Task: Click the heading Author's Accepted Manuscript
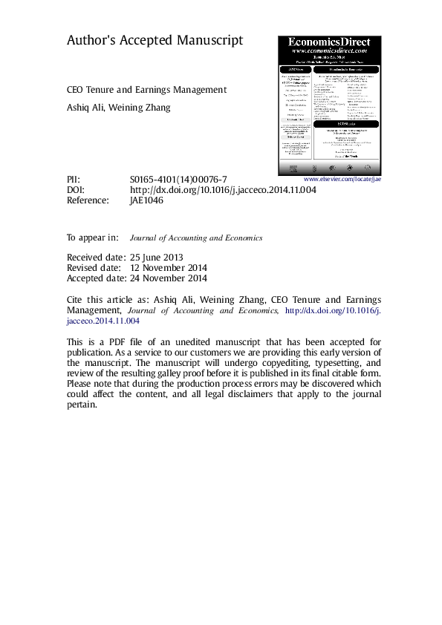[155, 42]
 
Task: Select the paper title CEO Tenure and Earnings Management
[146, 89]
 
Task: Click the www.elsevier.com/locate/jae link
[343, 180]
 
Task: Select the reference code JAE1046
[148, 200]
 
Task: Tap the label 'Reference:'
[88, 200]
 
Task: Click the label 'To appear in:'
[93, 238]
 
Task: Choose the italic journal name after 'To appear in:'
[196, 238]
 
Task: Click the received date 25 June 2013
[162, 257]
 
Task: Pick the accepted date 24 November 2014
[168, 278]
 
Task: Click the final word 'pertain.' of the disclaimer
[82, 405]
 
